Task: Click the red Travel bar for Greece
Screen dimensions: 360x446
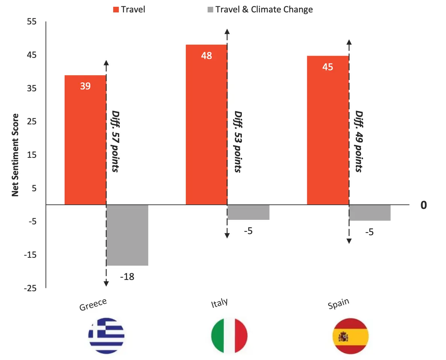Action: point(85,140)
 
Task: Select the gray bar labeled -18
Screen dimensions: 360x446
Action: point(127,235)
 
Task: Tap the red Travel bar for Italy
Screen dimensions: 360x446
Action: point(206,125)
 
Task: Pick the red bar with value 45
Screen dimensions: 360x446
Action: point(328,130)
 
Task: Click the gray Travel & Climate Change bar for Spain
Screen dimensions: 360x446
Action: point(370,213)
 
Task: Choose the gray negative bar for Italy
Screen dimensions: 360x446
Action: point(248,212)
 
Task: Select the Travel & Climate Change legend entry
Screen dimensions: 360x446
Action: point(259,9)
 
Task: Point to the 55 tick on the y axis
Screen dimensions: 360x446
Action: point(32,22)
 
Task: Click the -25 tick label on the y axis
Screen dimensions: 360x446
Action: point(30,288)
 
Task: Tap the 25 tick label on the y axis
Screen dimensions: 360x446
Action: point(32,122)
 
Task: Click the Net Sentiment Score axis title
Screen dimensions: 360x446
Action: point(15,155)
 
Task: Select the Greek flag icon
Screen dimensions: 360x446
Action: point(106,336)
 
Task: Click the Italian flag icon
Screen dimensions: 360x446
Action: point(229,336)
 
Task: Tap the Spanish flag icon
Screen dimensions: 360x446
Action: point(350,336)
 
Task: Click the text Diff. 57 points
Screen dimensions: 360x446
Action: point(115,142)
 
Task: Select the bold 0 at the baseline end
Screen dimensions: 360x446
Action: point(423,205)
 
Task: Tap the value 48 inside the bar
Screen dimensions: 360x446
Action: point(206,56)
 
